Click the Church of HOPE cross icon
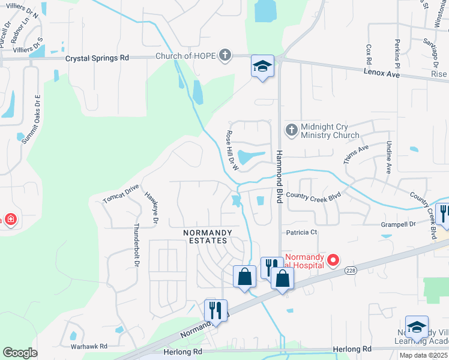click(x=225, y=56)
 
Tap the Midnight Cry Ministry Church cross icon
click(x=291, y=130)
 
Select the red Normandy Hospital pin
click(x=333, y=260)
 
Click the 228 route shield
click(x=351, y=271)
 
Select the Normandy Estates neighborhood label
click(x=205, y=236)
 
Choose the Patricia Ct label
click(x=301, y=232)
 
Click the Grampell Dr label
click(x=398, y=224)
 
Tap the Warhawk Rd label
click(x=89, y=346)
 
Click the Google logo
click(x=20, y=353)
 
